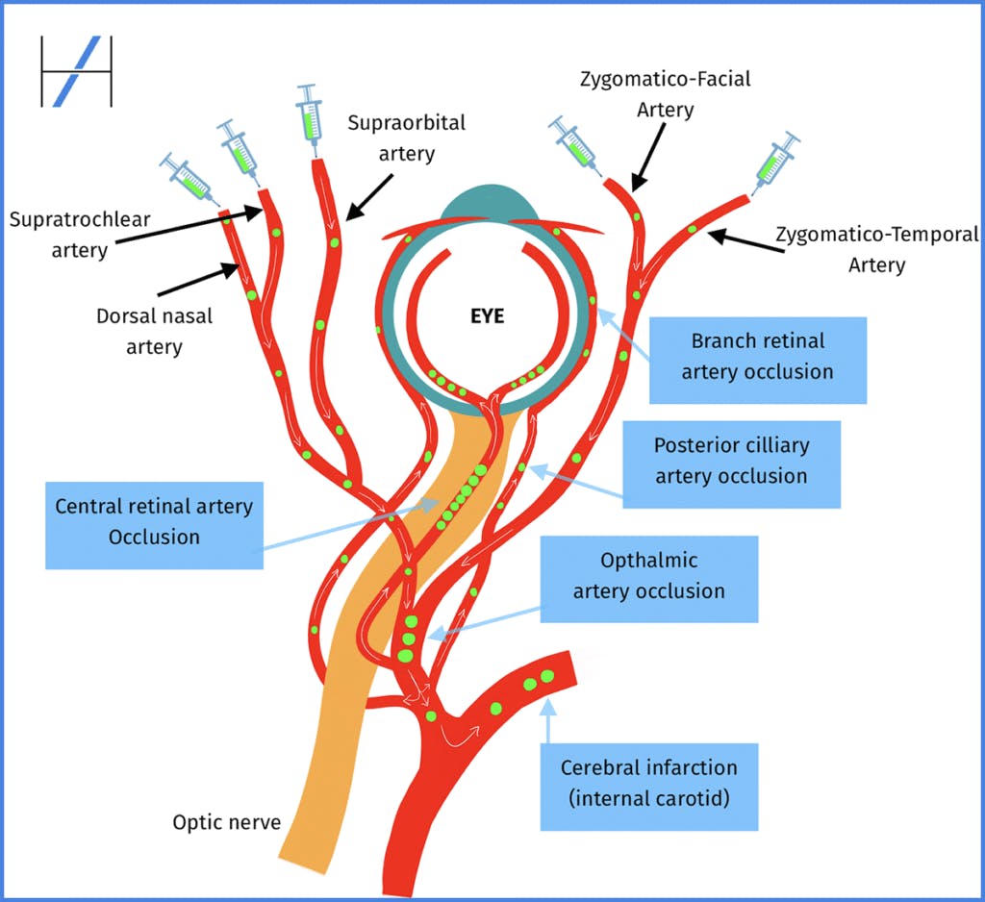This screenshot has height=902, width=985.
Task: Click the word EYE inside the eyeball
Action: [488, 315]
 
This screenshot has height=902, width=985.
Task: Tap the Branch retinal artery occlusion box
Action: [757, 356]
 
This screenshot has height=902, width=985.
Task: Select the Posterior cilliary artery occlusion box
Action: [731, 461]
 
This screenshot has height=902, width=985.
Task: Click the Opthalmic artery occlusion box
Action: [649, 575]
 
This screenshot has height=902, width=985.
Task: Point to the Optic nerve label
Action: [226, 822]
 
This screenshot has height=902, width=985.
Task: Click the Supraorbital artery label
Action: [406, 138]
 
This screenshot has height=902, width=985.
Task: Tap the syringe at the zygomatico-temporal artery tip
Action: [777, 160]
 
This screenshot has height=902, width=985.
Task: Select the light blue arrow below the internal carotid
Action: [548, 721]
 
